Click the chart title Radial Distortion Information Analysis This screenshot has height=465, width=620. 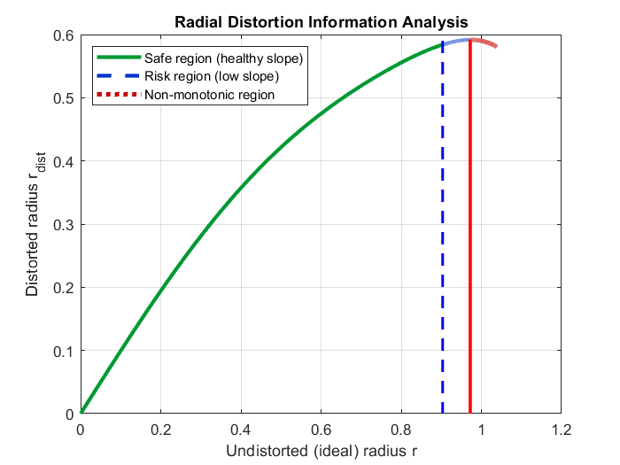(x=320, y=20)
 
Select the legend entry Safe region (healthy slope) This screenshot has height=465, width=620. (x=224, y=59)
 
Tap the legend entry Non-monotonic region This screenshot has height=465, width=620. (x=210, y=95)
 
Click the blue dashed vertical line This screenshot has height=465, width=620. (x=443, y=248)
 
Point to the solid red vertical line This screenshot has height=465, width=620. (x=470, y=248)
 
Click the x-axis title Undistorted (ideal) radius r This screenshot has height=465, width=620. (x=321, y=451)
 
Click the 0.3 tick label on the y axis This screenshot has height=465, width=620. (x=64, y=224)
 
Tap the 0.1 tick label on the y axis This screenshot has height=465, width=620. (x=64, y=351)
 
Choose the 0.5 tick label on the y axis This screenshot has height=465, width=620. (x=64, y=97)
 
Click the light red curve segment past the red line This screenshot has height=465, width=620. (x=484, y=42)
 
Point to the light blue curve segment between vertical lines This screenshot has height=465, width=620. (x=457, y=41)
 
